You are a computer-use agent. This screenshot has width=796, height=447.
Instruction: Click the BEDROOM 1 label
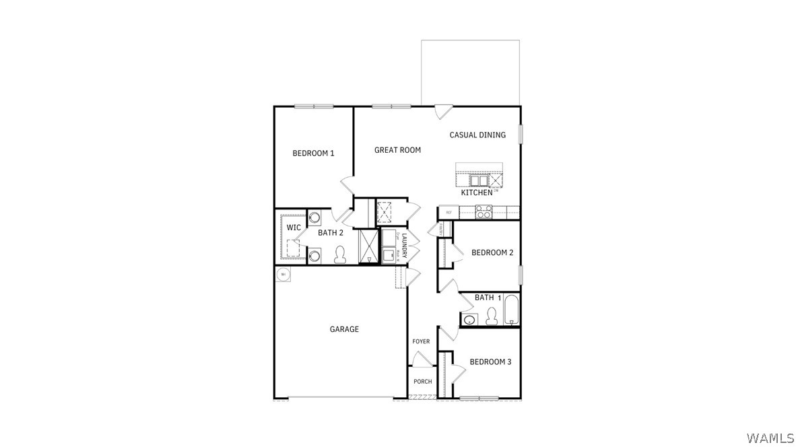coord(313,153)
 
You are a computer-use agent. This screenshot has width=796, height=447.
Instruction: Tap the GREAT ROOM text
coord(397,150)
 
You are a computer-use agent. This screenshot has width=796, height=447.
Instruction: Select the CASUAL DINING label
coord(477,135)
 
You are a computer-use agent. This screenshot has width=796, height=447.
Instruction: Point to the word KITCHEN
coord(477,193)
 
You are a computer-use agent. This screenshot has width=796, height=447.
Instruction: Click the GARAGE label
coord(344,329)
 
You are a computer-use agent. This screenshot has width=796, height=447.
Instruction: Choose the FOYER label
coord(421,342)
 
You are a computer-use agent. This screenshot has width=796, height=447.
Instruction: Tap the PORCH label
coord(423,382)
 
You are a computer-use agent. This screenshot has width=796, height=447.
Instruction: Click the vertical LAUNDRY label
coord(405,246)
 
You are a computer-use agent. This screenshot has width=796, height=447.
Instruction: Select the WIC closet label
coord(294,228)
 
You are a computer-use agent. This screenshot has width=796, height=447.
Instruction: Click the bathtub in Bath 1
coord(511,310)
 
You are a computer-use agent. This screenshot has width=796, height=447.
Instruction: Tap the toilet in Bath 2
coord(339,254)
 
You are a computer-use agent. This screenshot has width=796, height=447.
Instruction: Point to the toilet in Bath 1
coord(492,316)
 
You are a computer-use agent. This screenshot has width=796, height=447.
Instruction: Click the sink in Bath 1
coord(469,319)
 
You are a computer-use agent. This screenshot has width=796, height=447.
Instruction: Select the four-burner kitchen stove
coord(484,211)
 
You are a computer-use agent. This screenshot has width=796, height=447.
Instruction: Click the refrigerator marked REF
coord(449,212)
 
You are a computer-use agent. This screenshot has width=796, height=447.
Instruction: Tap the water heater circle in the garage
coord(283,275)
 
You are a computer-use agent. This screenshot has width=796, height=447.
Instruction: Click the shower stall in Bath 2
coord(369,246)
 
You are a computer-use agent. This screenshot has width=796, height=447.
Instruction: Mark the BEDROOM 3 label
coord(490,362)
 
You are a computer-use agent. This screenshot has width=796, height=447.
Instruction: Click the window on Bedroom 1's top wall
coord(314,106)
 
